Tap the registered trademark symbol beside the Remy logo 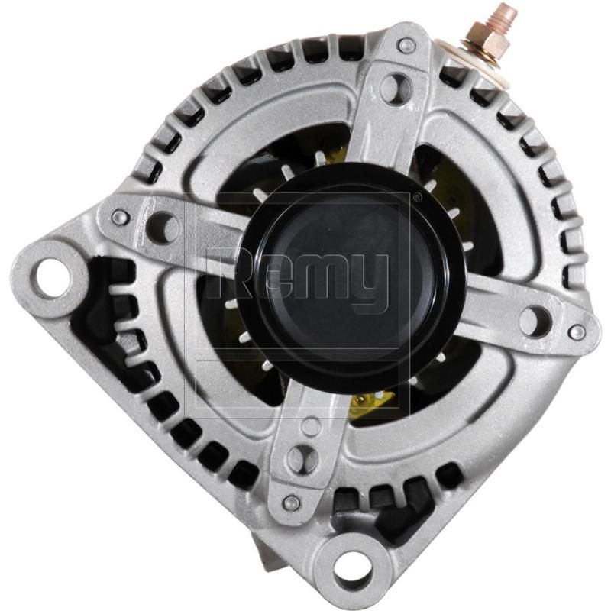click(x=416, y=198)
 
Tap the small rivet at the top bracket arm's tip click(x=407, y=46)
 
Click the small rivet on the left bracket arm click(x=120, y=218)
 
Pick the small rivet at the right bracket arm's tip click(x=577, y=332)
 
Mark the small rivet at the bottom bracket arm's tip click(x=291, y=503)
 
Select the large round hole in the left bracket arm click(x=162, y=227)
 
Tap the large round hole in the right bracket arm click(x=535, y=321)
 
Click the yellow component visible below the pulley click(x=372, y=403)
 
